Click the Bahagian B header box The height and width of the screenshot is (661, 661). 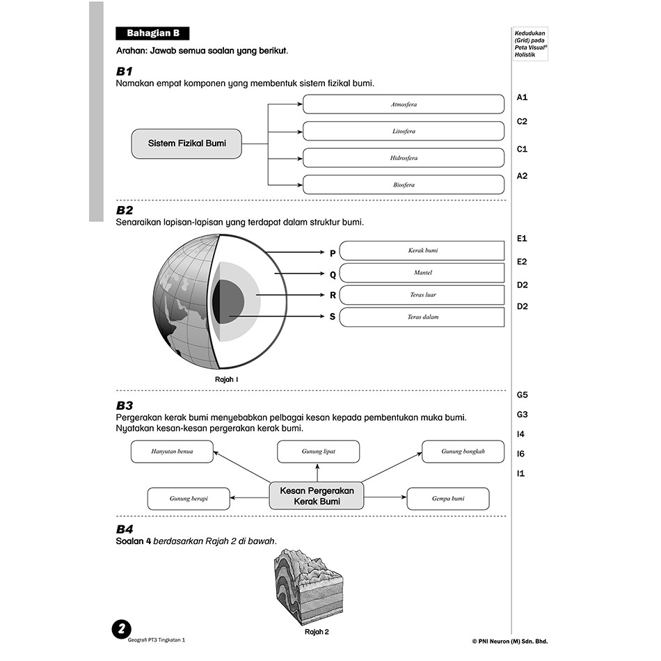tap(152, 33)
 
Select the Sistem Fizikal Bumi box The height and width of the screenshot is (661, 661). tap(186, 143)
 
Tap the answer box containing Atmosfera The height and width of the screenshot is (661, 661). tap(404, 104)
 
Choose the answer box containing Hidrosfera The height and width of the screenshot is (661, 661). tap(404, 158)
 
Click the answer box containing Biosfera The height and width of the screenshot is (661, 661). tap(404, 185)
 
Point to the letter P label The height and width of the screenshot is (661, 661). tap(333, 253)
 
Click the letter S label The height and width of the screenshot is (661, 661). tap(333, 317)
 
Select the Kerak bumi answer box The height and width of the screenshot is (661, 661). tap(422, 250)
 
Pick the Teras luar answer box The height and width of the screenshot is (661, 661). tap(422, 295)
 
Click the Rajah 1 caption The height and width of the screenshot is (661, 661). tap(227, 380)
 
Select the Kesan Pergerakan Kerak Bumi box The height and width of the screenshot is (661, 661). tap(317, 495)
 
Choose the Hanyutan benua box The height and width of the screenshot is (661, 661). tap(172, 452)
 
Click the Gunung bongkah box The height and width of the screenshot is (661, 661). tap(463, 452)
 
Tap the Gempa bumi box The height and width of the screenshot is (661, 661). tap(447, 499)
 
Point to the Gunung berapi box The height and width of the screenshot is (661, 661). tap(189, 499)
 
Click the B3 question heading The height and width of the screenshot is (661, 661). tap(125, 406)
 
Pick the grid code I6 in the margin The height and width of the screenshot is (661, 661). tap(521, 454)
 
